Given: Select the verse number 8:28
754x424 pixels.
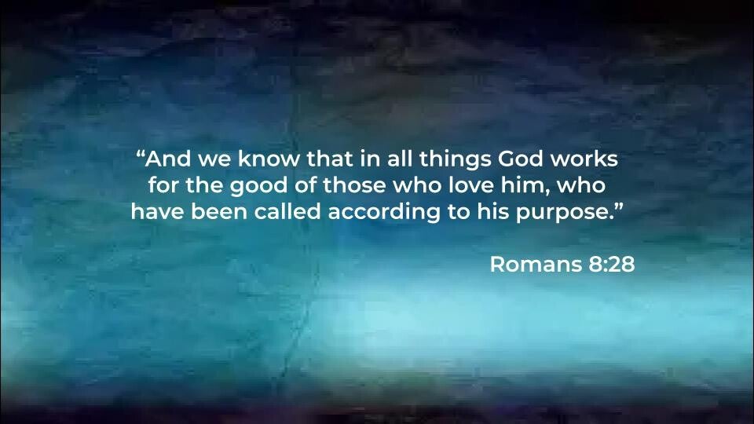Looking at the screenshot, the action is click(611, 264).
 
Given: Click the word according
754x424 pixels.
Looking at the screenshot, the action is click(384, 213).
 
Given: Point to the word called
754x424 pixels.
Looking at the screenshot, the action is click(287, 211).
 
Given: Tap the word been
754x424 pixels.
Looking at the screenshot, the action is click(219, 211).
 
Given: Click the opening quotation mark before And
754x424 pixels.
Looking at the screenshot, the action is click(141, 155).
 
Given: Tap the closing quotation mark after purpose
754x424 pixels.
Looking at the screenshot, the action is click(619, 207).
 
